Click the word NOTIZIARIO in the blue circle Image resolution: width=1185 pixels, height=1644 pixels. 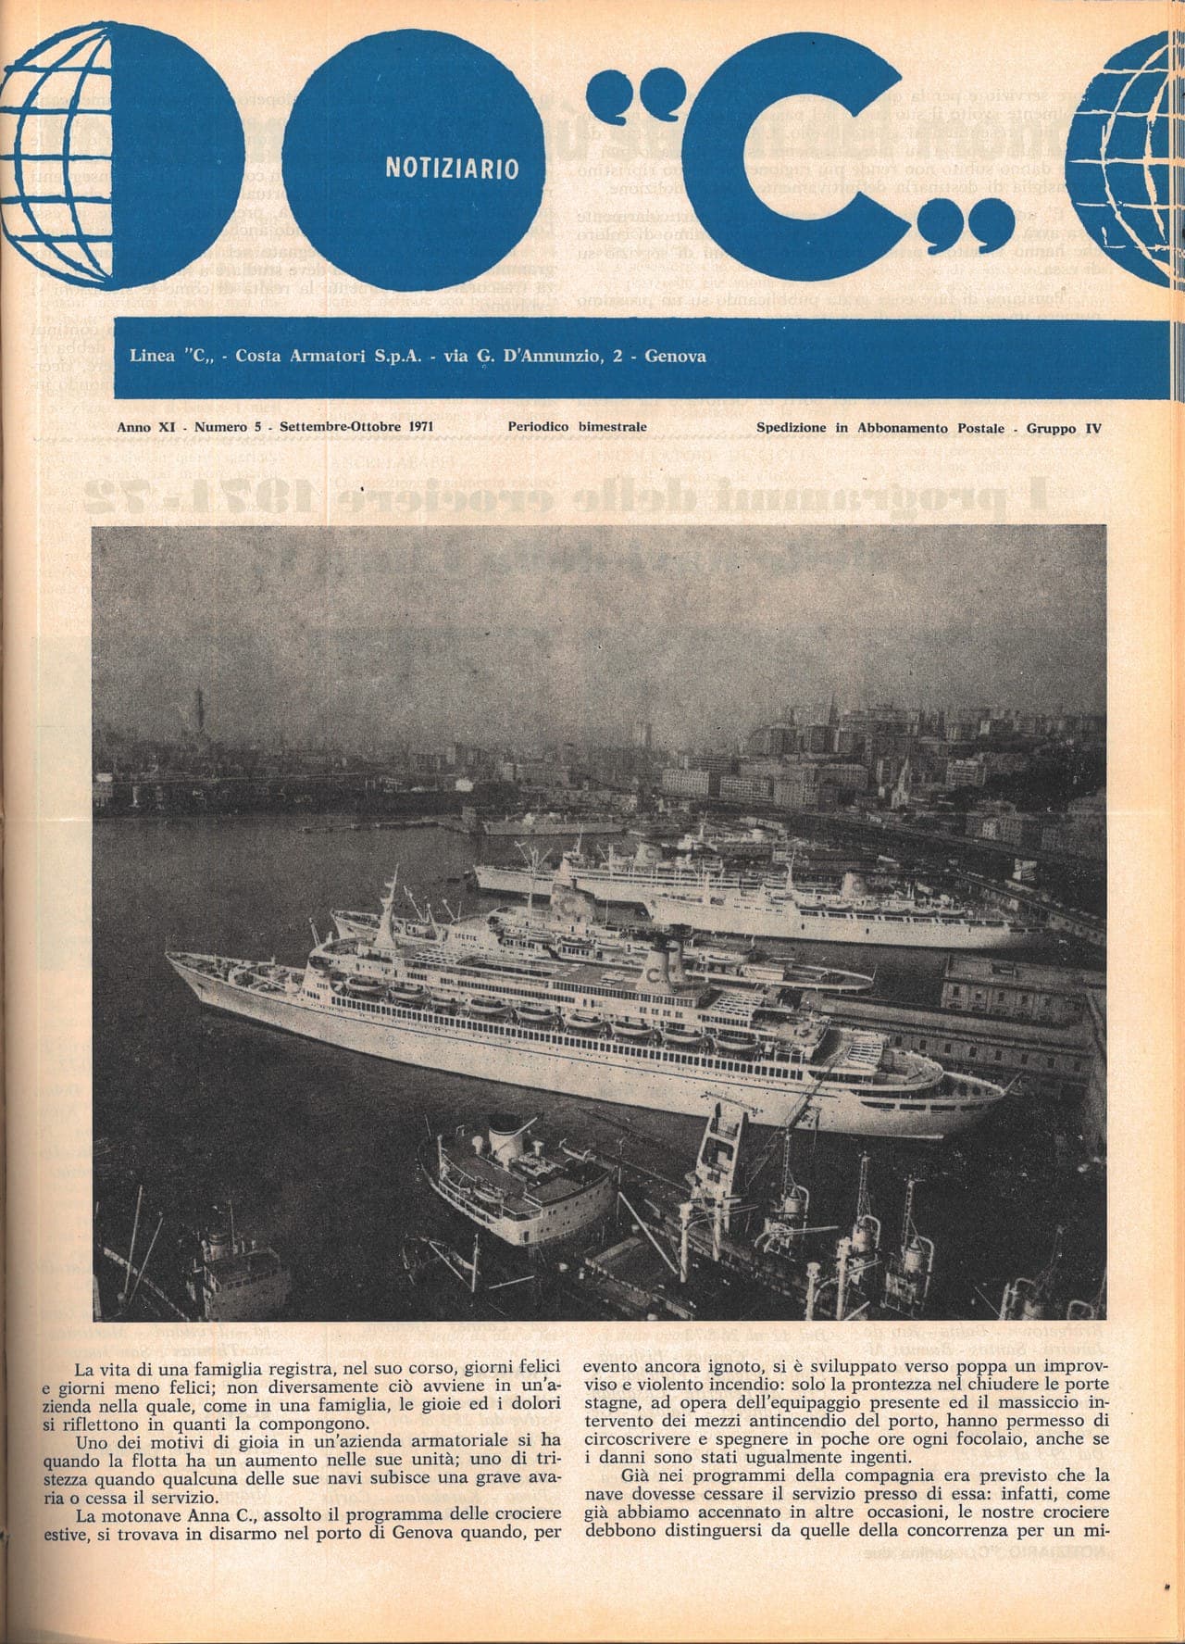click(450, 168)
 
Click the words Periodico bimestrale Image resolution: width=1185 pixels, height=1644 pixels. click(577, 427)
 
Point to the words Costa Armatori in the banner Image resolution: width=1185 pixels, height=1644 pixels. click(290, 356)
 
